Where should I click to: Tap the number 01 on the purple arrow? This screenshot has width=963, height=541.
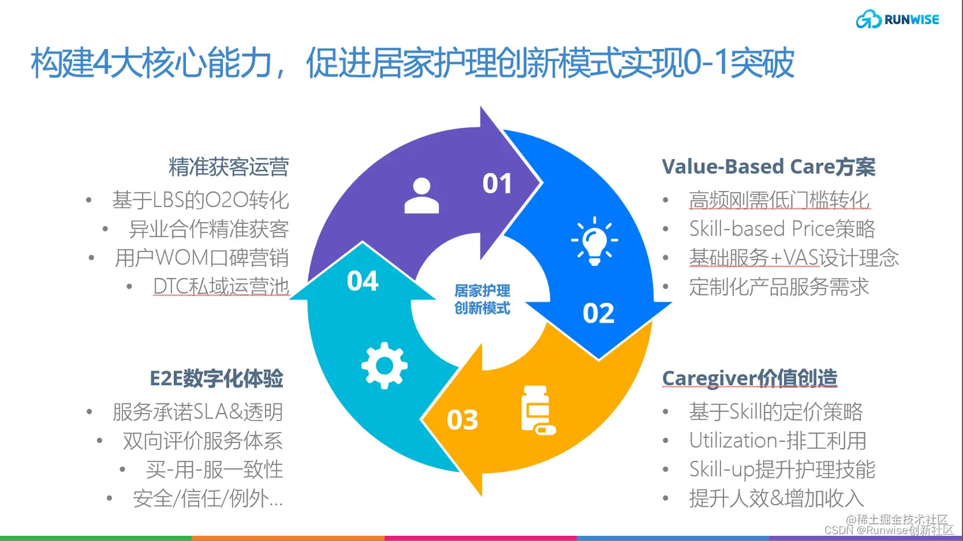click(x=497, y=184)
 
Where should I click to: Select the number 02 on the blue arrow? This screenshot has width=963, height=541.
click(x=598, y=313)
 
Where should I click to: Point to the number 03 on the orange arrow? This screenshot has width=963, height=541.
click(x=462, y=420)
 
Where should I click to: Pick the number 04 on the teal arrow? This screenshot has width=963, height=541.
click(x=362, y=281)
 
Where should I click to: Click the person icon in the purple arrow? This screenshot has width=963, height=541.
click(x=422, y=195)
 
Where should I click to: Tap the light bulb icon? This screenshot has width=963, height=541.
click(x=594, y=241)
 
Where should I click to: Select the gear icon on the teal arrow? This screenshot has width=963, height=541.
click(x=384, y=365)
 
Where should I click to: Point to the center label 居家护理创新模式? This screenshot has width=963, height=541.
click(x=482, y=300)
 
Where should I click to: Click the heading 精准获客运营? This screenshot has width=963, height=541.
click(x=229, y=167)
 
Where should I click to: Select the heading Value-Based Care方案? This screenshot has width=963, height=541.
click(x=768, y=167)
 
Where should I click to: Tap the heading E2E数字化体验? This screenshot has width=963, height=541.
click(x=216, y=379)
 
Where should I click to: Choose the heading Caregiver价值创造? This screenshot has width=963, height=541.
click(x=750, y=378)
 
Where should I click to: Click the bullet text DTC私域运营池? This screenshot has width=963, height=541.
click(x=221, y=286)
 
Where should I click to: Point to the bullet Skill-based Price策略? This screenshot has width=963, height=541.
click(x=782, y=228)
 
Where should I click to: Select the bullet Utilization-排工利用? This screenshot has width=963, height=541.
click(x=778, y=440)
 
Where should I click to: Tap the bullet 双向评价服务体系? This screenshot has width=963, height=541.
click(x=203, y=440)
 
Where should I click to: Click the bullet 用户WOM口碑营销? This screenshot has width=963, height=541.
click(x=201, y=258)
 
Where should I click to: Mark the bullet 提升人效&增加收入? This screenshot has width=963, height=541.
click(x=776, y=498)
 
